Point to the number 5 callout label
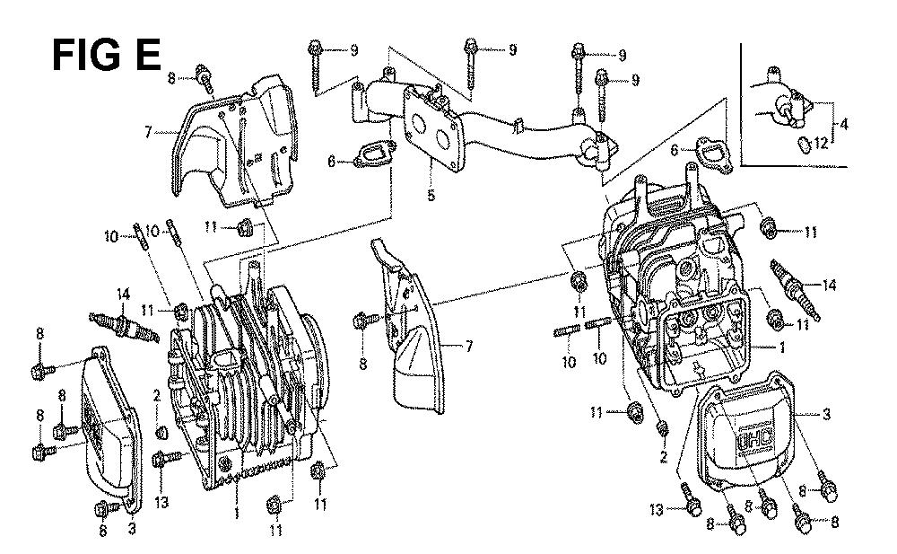(431, 196)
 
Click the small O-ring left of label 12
(805, 144)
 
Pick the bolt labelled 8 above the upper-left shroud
(205, 82)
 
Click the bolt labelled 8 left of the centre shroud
(363, 319)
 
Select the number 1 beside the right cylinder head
(782, 347)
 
